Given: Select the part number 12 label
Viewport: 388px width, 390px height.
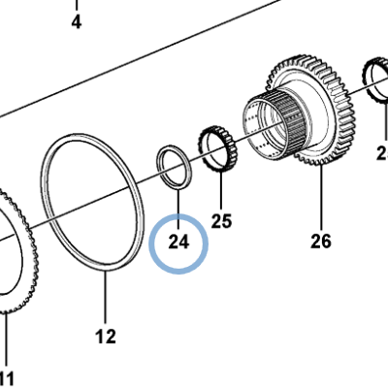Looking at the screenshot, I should (106, 337).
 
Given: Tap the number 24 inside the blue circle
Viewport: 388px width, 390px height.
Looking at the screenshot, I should (178, 242).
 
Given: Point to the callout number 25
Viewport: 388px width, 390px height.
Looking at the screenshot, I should (222, 221).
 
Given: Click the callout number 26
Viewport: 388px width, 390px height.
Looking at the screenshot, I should (321, 240).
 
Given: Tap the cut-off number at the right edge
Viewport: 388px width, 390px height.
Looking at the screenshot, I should (381, 152).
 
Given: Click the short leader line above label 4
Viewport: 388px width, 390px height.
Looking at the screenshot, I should (77, 5).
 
